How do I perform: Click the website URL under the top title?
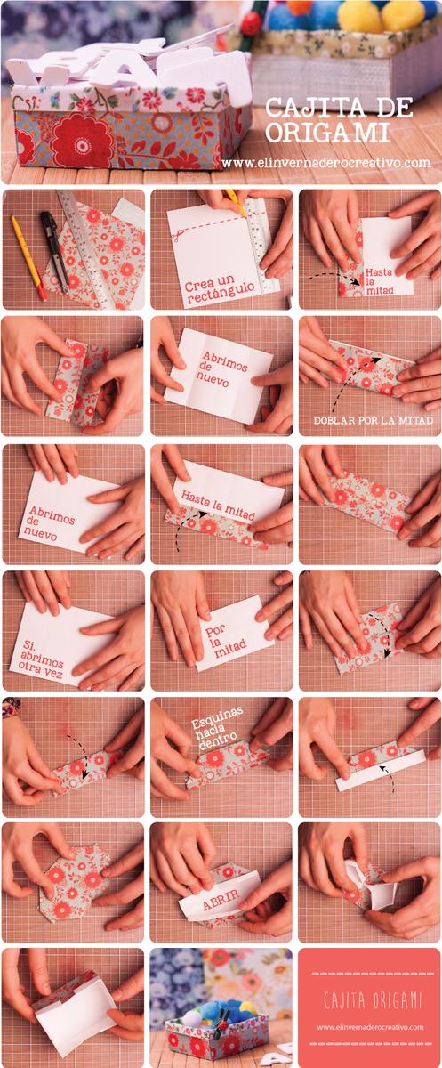tap(326, 163)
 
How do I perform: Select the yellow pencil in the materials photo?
tap(28, 257)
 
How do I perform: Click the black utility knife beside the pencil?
tap(55, 250)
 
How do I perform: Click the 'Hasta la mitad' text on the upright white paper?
tap(379, 280)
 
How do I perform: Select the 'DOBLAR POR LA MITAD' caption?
tap(374, 420)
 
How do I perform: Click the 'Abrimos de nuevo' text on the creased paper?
tap(223, 369)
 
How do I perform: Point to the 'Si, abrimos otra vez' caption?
tap(42, 659)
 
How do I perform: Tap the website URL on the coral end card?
tap(370, 1027)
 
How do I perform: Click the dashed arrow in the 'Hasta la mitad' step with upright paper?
tap(334, 278)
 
